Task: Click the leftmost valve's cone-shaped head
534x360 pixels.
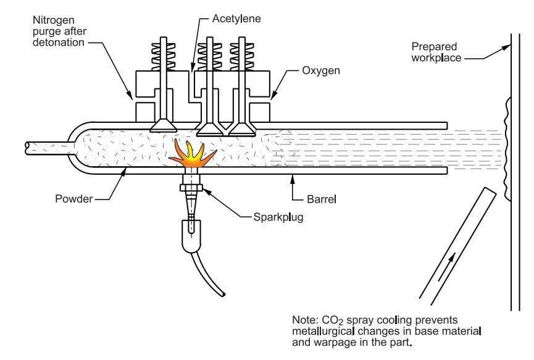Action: click(164, 125)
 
